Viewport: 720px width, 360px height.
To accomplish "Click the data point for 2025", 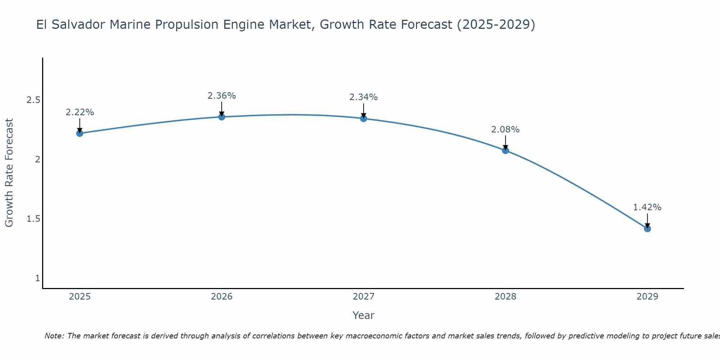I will click(x=80, y=133).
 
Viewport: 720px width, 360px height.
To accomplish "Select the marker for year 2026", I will click(x=222, y=117).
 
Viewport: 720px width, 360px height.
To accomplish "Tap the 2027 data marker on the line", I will click(x=364, y=118).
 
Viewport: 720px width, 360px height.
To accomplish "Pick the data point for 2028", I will click(x=505, y=150).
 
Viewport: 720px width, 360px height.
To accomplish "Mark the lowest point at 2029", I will click(x=647, y=229).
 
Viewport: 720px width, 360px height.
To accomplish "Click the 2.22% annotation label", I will click(x=80, y=112).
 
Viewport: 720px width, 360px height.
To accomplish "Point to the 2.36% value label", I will click(x=222, y=96).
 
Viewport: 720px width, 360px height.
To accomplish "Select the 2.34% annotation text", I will click(x=364, y=97).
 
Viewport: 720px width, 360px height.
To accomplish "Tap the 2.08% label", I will click(x=505, y=130).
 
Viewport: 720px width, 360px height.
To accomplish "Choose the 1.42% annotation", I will click(x=647, y=207).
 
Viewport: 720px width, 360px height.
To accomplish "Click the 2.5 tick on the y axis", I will click(x=33, y=100).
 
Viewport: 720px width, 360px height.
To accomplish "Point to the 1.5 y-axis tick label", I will click(x=33, y=219).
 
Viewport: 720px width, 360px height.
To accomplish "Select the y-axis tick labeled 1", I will click(x=37, y=278).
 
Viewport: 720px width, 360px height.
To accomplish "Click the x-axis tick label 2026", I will click(x=222, y=297).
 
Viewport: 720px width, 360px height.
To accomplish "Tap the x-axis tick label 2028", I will click(x=505, y=297).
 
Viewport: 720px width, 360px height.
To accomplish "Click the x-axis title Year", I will click(x=364, y=315).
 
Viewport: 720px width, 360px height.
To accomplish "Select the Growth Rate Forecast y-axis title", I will click(x=9, y=173).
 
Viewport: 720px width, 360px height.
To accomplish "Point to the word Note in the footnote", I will click(x=54, y=336).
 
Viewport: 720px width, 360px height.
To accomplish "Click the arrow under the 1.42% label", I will click(x=647, y=220).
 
